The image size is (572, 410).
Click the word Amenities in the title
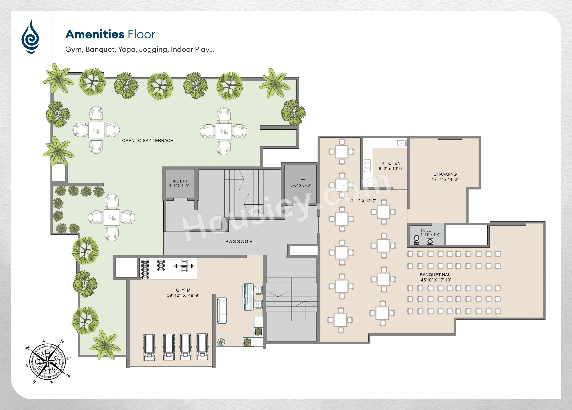[x=95, y=34]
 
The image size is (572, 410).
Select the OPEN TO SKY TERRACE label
[x=148, y=141]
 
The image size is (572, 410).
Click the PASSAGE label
[x=239, y=242]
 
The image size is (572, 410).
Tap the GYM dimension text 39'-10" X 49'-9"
[x=183, y=295]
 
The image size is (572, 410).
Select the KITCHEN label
[x=391, y=163]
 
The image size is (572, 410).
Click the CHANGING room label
[x=445, y=174]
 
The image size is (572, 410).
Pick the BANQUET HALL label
[x=436, y=275]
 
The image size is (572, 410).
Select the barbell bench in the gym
[x=184, y=266]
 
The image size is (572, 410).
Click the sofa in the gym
[x=222, y=310]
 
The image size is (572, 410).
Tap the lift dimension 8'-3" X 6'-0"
[x=301, y=185]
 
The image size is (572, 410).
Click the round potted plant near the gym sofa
[x=221, y=342]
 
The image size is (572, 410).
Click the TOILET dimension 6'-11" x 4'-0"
[x=430, y=235]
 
